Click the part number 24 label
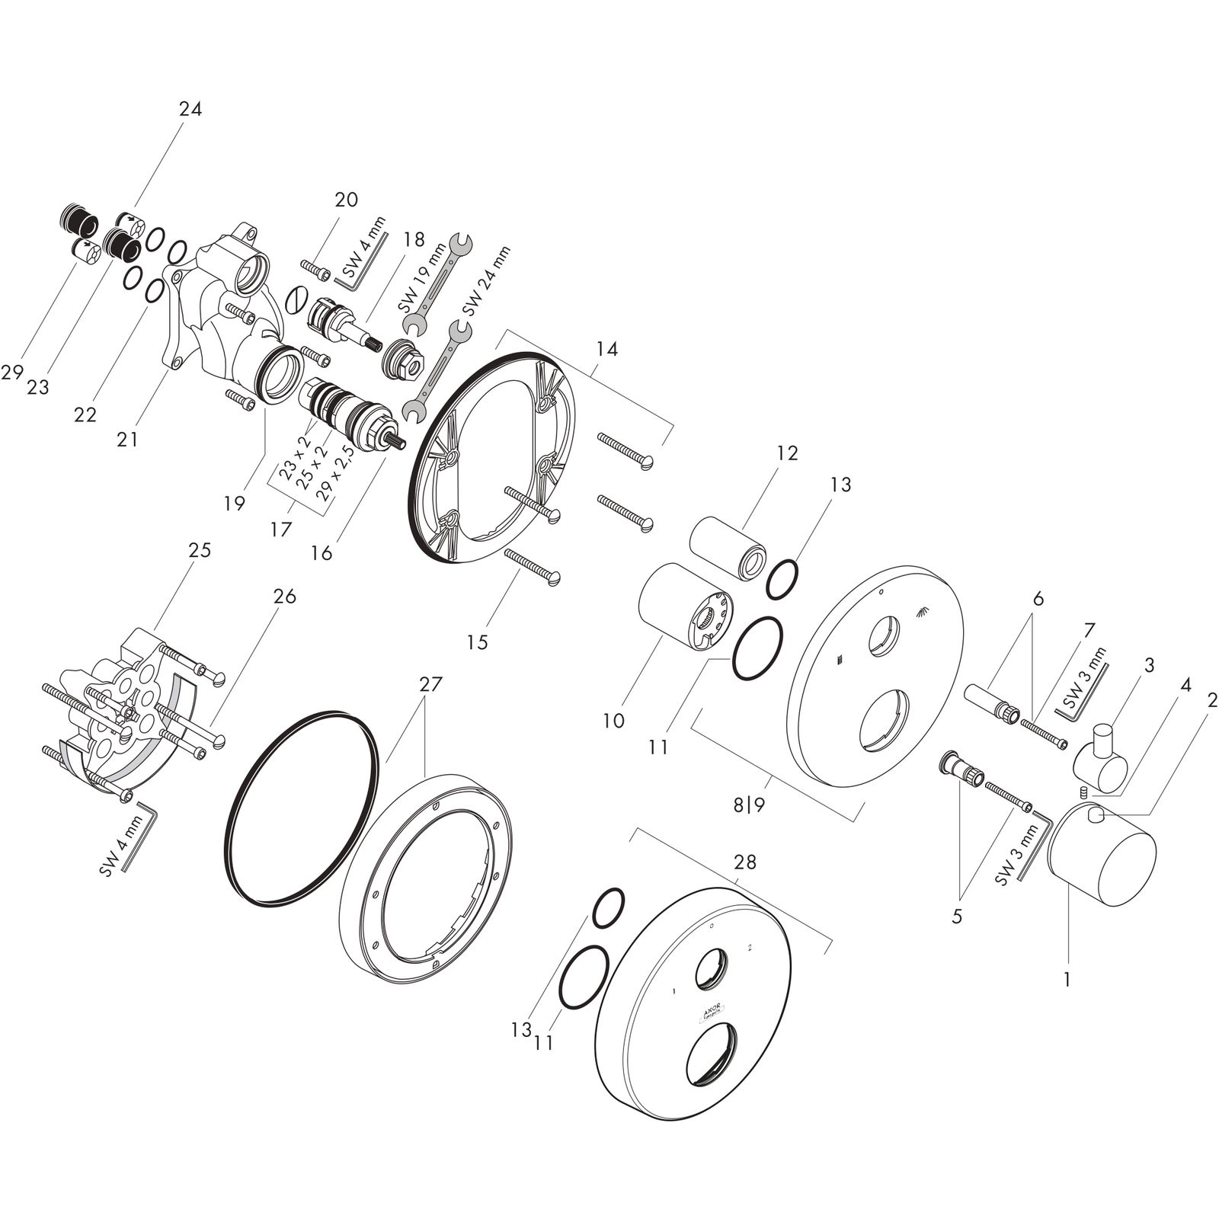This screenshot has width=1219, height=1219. pyautogui.click(x=190, y=110)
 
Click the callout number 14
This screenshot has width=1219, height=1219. pyautogui.click(x=607, y=350)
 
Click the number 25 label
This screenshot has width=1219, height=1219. pyautogui.click(x=200, y=550)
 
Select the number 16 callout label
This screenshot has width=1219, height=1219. pyautogui.click(x=322, y=553)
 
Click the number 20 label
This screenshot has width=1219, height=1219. pyautogui.click(x=346, y=200)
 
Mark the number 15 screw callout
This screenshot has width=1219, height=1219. pyautogui.click(x=478, y=642)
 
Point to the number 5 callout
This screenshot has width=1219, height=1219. pyautogui.click(x=957, y=916)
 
